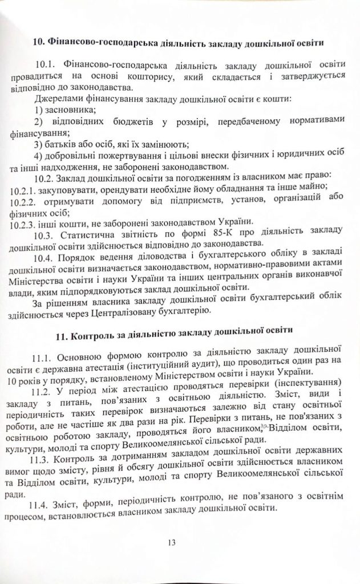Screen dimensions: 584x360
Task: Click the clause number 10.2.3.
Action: [24, 222]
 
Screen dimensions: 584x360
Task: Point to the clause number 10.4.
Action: [47, 257]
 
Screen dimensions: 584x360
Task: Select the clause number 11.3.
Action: [47, 445]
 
